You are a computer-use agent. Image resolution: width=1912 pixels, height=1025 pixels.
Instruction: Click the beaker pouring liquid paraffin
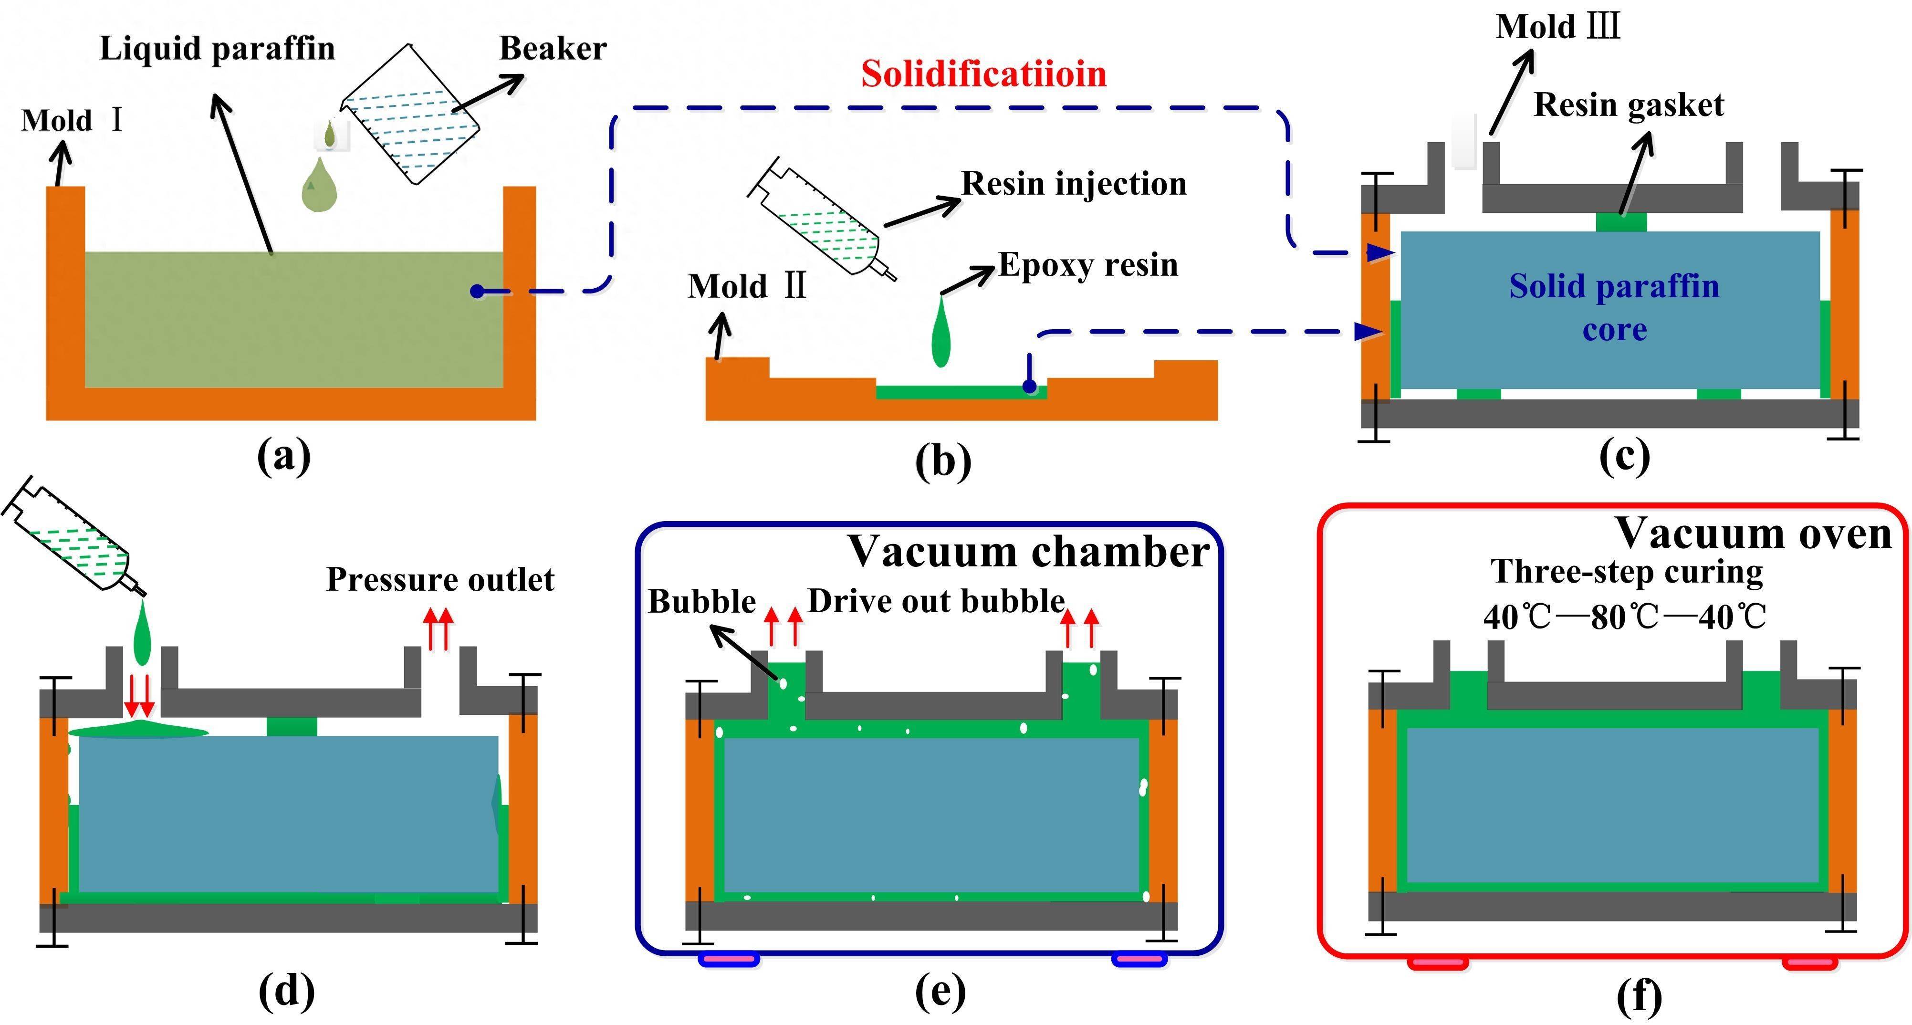click(410, 115)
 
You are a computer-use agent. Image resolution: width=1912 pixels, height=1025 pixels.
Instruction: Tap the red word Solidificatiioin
click(983, 74)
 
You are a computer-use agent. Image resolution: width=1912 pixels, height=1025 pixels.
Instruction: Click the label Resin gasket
click(1629, 105)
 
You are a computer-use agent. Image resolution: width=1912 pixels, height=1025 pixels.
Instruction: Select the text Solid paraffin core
click(1614, 306)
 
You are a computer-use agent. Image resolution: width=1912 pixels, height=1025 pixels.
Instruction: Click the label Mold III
click(1557, 28)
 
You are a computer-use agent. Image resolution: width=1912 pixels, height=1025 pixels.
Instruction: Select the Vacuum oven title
click(1753, 533)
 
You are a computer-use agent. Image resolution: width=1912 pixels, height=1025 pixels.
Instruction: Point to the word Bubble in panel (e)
click(701, 601)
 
